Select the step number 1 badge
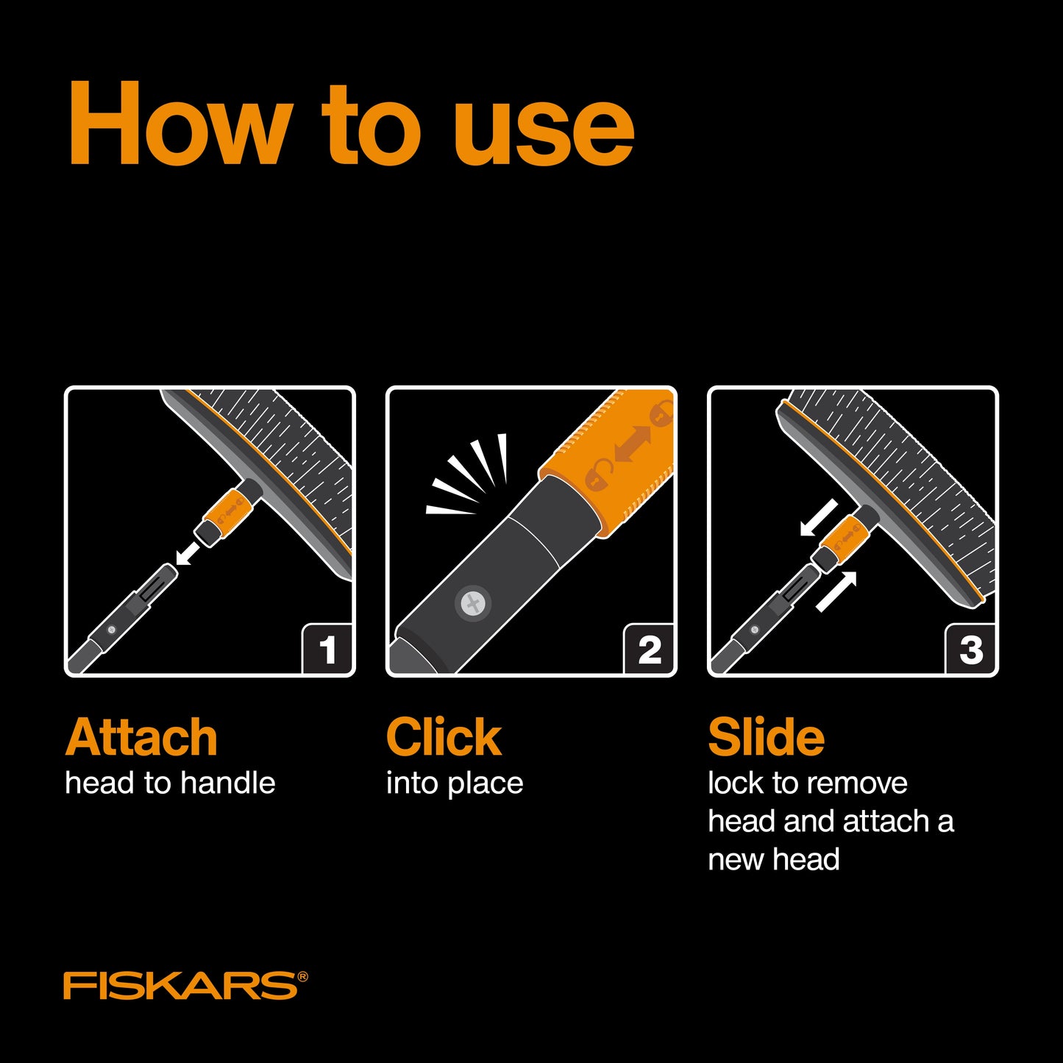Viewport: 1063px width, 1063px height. coord(327,649)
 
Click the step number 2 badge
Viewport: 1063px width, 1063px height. coord(650,649)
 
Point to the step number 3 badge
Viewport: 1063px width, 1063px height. coord(971,649)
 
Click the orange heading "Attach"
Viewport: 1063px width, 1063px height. coord(141,738)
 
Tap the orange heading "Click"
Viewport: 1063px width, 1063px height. coord(444,738)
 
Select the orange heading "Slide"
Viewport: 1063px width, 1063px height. coord(767,738)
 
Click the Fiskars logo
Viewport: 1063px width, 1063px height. coord(185,986)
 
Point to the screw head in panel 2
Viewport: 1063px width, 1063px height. coord(473,604)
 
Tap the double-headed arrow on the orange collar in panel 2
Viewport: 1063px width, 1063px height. coord(633,444)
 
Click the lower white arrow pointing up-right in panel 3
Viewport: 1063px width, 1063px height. coord(836,591)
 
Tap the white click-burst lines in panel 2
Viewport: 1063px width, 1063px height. coord(466,474)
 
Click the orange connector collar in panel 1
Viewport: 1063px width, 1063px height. coord(228,513)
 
